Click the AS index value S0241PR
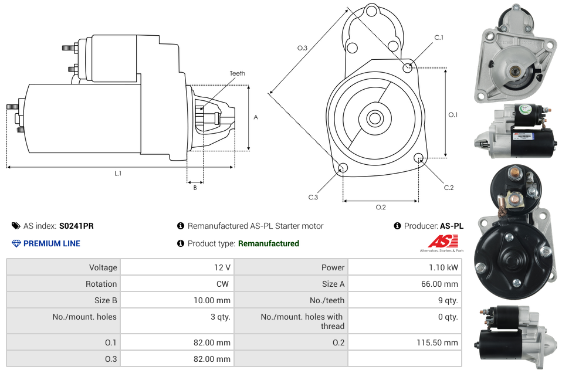(x=76, y=226)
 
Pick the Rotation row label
(x=101, y=284)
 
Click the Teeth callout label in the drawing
(x=238, y=73)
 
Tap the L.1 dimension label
(x=118, y=173)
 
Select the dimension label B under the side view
(x=195, y=188)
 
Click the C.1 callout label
(x=438, y=38)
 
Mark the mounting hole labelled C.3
(x=343, y=169)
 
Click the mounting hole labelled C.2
(x=419, y=158)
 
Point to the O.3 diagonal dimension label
(x=303, y=48)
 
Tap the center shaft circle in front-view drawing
(x=374, y=118)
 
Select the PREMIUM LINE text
(x=52, y=243)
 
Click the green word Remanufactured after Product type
(x=269, y=243)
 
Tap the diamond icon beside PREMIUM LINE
(x=16, y=243)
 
